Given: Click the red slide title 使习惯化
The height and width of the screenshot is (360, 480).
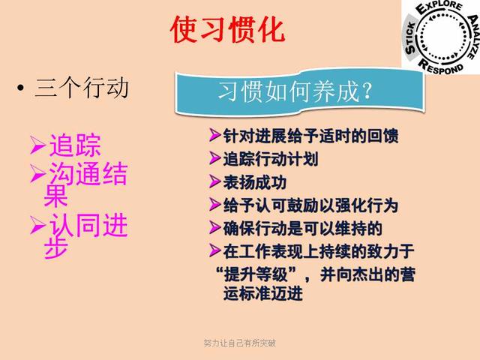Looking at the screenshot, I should tap(228, 29).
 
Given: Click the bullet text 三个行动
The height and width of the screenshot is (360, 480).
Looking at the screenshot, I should tap(82, 88).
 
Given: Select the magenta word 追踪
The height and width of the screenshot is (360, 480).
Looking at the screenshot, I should tap(74, 145).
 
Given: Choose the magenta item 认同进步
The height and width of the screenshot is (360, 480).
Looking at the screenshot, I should tap(85, 235).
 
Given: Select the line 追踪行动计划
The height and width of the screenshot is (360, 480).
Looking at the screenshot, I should tap(271, 159).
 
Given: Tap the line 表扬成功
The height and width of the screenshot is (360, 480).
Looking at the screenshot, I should tap(254, 182).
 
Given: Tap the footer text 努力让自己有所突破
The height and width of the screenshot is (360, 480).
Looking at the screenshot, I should tap(239, 343).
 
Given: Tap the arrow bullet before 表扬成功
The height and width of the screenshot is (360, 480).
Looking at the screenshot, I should tap(214, 181).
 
